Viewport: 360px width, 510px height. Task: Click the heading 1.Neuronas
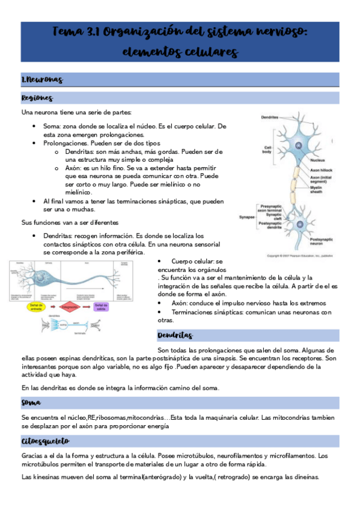(41, 80)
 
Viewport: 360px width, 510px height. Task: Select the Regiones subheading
(37, 98)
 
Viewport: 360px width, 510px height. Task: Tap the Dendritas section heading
(175, 335)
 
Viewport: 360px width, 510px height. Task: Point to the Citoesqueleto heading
(45, 441)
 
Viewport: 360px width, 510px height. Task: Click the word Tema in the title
(70, 32)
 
